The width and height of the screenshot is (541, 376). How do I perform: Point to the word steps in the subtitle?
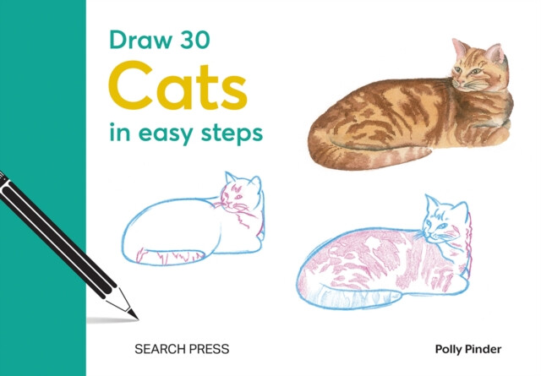pos(232,134)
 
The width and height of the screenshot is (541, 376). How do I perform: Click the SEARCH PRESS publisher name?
pos(183,347)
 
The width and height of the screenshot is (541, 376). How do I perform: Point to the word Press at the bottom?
pos(207,347)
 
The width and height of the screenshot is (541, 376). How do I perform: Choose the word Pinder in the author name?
pos(486,347)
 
